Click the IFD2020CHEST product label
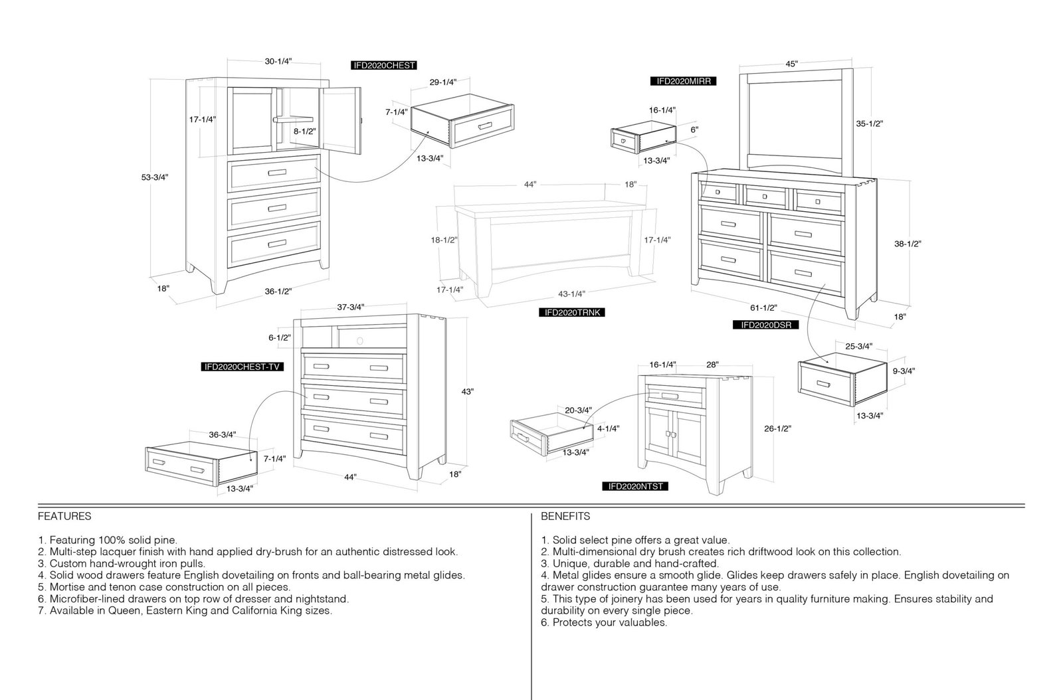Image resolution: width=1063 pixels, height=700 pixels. point(384,66)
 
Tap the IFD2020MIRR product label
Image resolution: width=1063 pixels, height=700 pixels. point(684,81)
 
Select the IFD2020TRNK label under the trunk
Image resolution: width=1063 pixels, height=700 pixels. point(572,312)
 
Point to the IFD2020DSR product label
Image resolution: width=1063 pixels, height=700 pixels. point(766,325)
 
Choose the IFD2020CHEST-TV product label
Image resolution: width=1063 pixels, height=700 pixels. point(242,367)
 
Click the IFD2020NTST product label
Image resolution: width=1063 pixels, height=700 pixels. point(635,486)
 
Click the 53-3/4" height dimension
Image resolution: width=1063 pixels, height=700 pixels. point(155,177)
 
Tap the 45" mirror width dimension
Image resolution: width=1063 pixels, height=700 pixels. point(791,64)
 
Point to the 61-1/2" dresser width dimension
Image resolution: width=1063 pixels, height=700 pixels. point(763,307)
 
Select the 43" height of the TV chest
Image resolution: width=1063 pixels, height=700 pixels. point(468,392)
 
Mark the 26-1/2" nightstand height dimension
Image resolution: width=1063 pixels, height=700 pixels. point(777,429)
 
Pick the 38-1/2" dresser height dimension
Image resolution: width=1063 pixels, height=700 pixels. point(908,244)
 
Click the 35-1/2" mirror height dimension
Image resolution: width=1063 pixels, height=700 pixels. point(870,124)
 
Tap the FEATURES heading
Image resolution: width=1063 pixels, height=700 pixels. point(64,516)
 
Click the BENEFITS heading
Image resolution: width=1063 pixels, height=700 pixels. point(565,516)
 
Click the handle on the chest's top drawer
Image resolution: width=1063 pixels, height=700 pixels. point(277,173)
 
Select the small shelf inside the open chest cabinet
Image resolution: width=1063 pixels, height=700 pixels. point(293,120)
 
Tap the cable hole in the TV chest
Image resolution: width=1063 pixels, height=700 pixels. point(359,341)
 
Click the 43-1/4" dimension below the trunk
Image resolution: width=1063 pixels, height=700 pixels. point(571,294)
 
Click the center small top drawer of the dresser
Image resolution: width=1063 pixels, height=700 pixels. point(765,196)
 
